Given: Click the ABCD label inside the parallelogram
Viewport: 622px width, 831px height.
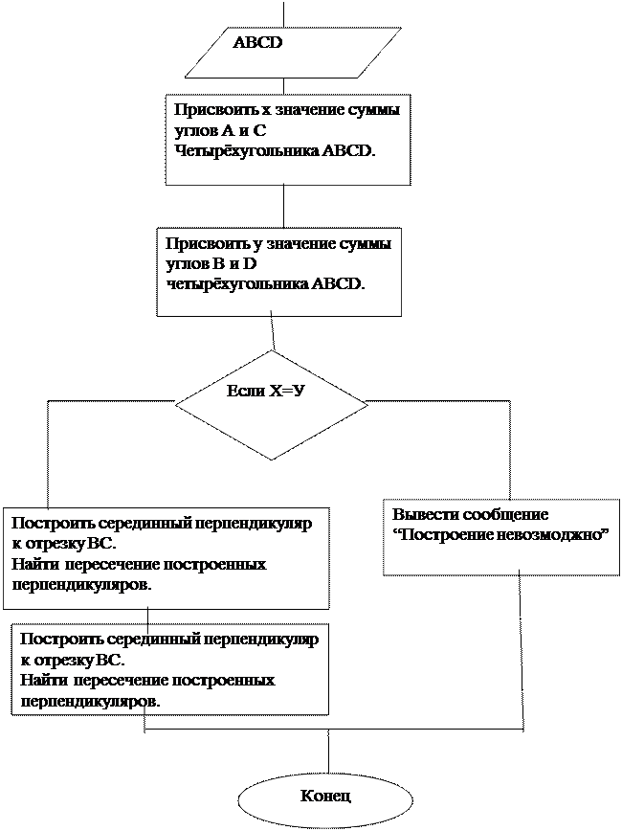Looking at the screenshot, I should (x=257, y=43).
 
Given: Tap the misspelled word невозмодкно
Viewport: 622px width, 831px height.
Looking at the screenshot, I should (x=553, y=534).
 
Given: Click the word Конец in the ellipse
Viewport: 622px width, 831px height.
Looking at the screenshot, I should (x=325, y=796).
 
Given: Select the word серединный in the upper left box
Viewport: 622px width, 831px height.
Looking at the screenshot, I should (x=125, y=525).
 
